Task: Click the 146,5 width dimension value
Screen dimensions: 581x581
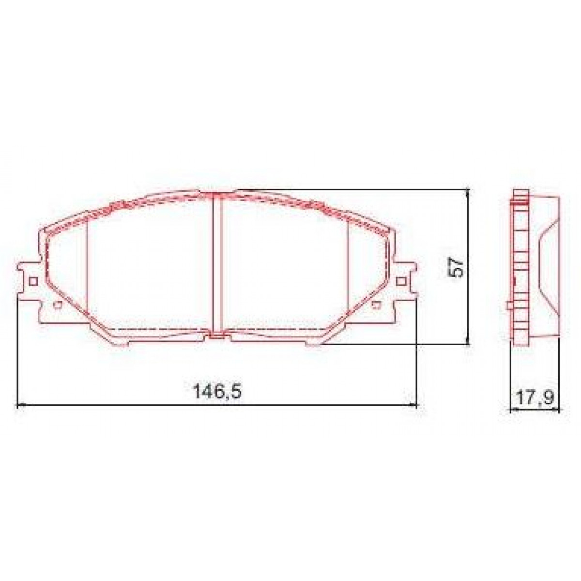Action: (x=217, y=391)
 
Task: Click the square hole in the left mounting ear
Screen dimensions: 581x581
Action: (x=33, y=281)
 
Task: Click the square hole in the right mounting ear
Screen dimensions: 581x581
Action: (x=400, y=281)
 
